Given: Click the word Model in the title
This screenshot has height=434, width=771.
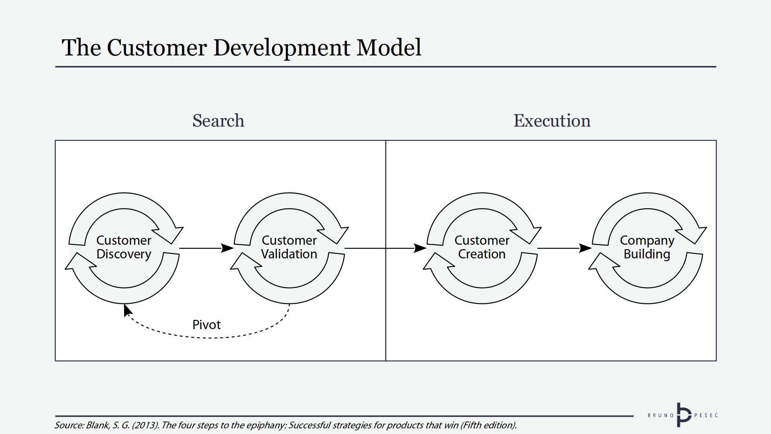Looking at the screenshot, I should [x=389, y=47].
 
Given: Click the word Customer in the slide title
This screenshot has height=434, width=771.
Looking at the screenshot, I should [x=157, y=47].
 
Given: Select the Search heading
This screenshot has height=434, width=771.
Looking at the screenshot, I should [x=218, y=121].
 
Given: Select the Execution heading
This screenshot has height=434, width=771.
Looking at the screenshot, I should [x=552, y=121].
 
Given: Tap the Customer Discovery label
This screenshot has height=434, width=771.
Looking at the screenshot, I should [x=124, y=247].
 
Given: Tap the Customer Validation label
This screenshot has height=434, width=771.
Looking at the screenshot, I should [x=289, y=247].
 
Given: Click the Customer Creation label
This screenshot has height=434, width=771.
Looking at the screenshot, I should [x=482, y=247].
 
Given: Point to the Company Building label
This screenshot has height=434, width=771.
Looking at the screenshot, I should [x=647, y=247].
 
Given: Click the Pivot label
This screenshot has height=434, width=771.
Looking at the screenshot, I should [x=206, y=325].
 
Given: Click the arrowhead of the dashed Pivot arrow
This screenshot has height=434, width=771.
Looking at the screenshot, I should [x=127, y=310].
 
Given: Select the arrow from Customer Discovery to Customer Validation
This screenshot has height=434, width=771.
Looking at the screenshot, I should [x=205, y=248].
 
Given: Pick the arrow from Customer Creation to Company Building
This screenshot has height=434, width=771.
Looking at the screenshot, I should [x=562, y=248].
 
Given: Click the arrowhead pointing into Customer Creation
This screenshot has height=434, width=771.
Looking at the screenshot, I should [x=420, y=248].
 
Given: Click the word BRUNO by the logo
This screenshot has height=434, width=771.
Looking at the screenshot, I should [x=661, y=415].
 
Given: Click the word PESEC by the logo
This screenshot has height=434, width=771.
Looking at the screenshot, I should [x=706, y=415].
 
